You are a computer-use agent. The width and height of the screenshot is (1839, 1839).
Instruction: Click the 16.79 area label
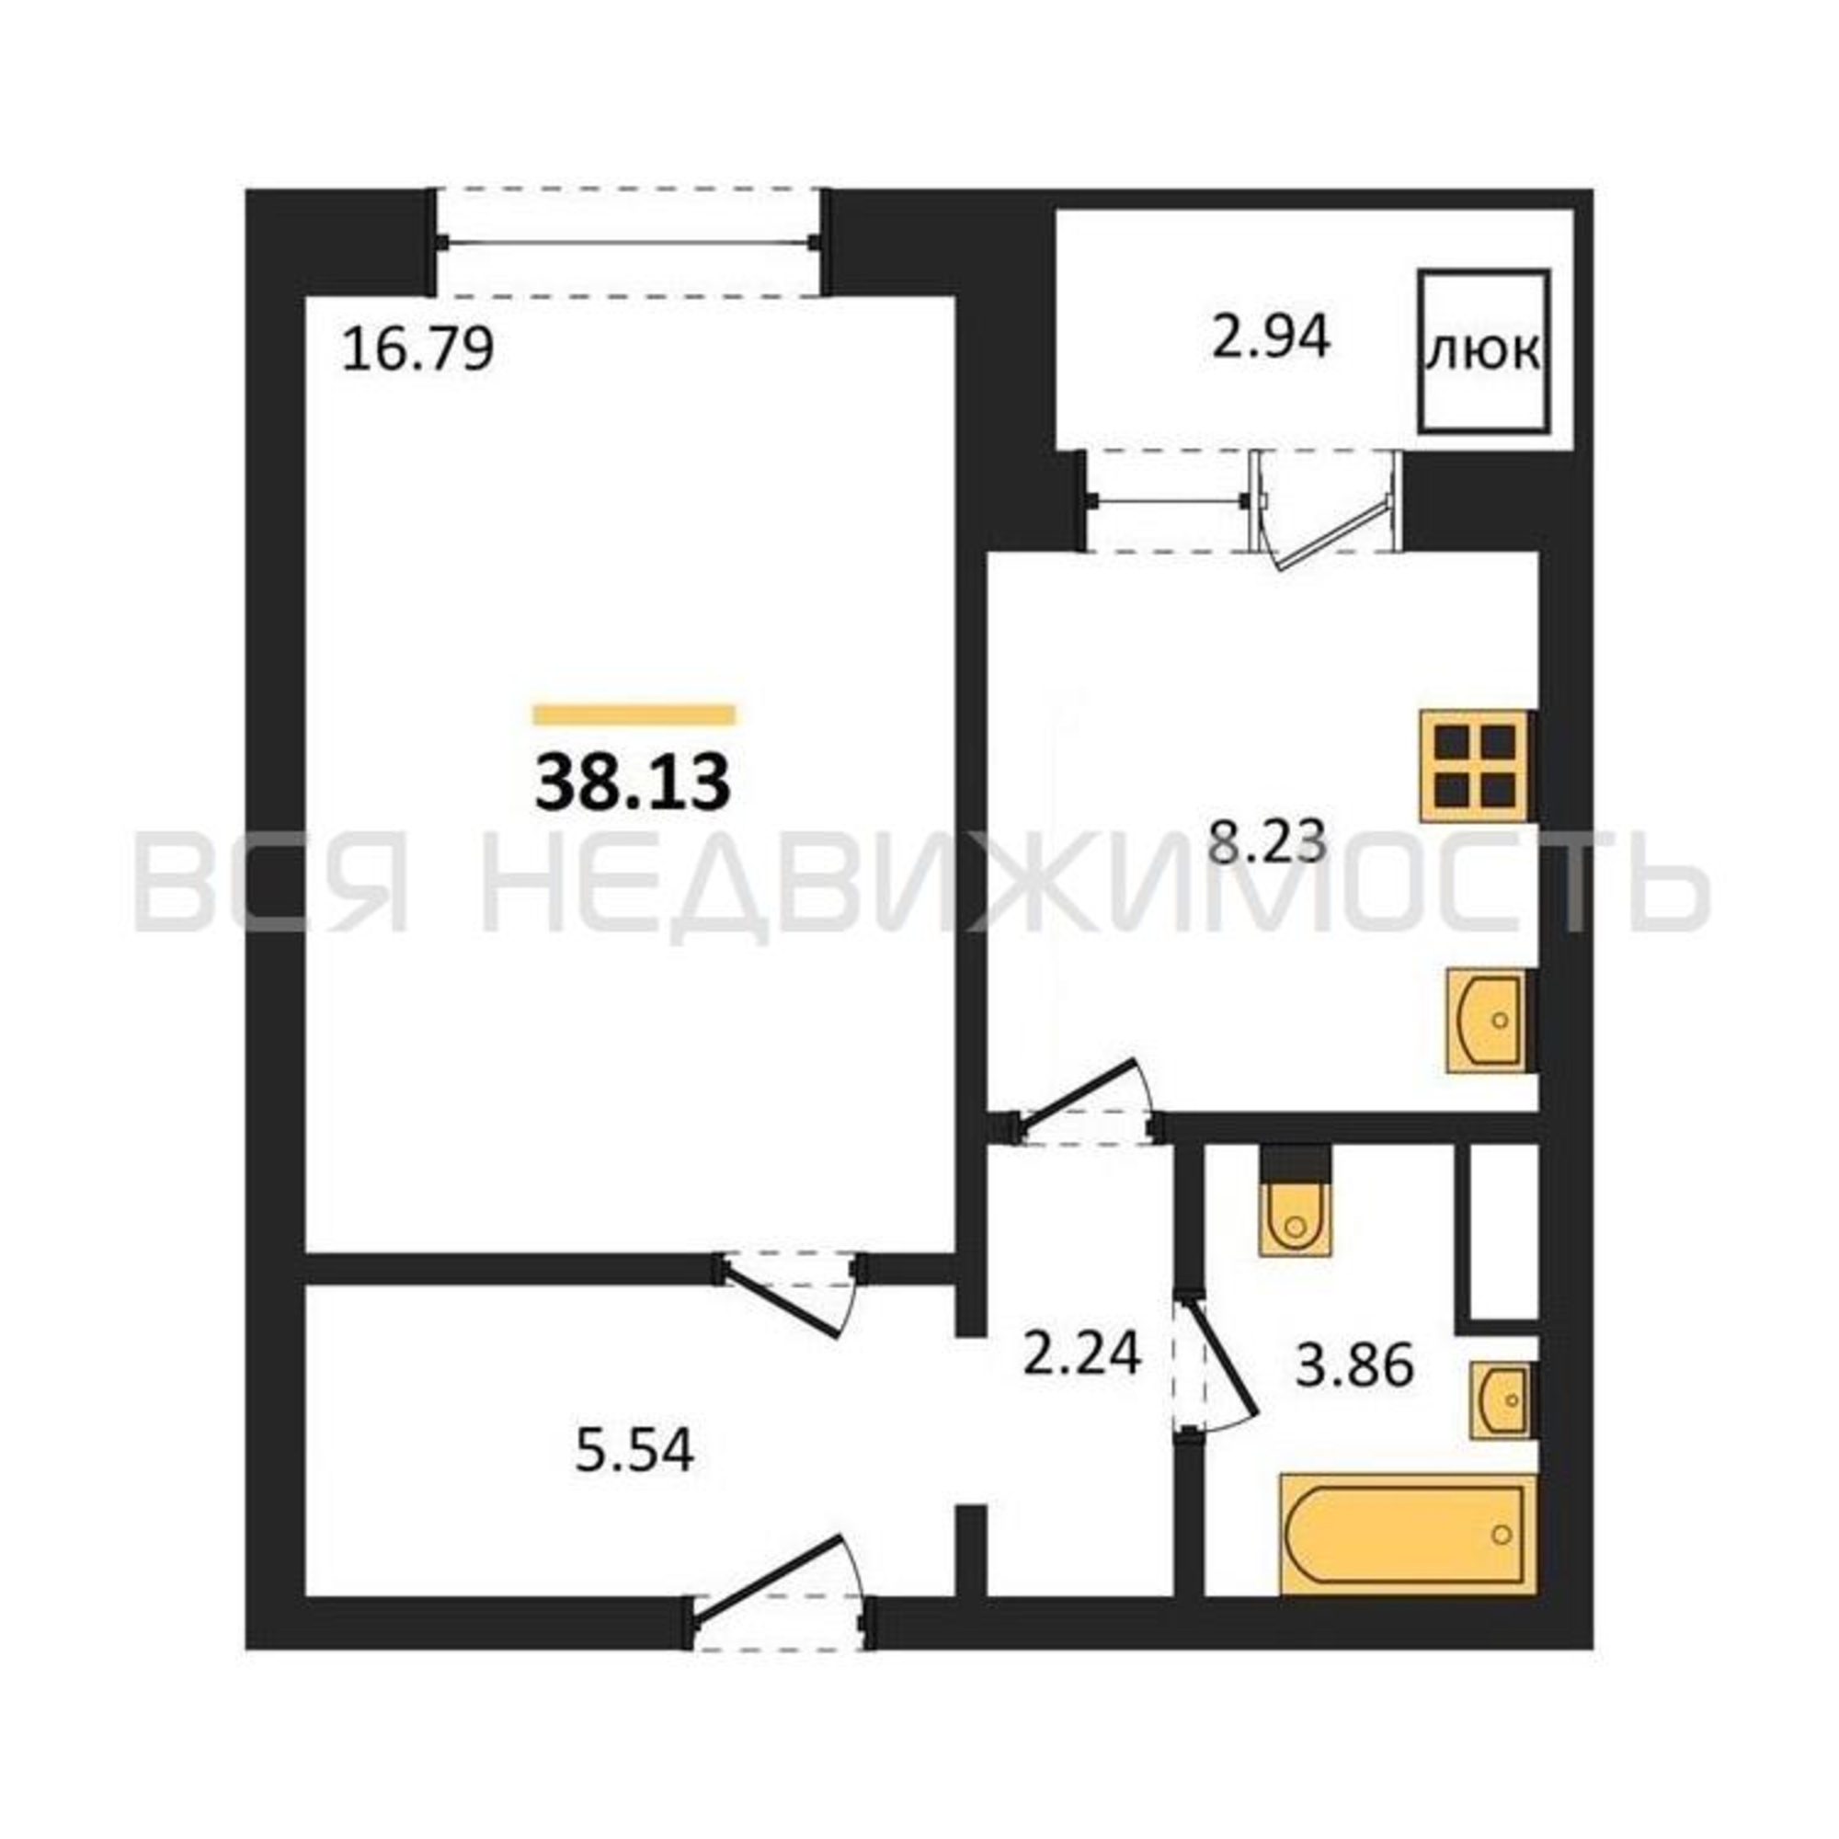(417, 349)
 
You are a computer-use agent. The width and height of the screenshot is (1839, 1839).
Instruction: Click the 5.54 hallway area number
(634, 1451)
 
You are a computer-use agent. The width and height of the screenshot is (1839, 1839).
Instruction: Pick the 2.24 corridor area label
(1081, 1353)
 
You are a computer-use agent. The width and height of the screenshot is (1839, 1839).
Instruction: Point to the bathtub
(1409, 1534)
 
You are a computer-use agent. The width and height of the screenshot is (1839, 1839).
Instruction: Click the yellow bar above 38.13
(634, 714)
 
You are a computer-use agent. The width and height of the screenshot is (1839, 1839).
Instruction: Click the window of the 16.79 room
(629, 243)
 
